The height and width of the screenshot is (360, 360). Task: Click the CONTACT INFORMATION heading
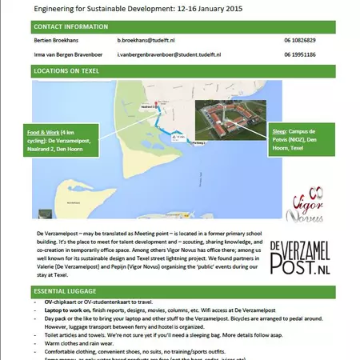coord(70,26)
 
